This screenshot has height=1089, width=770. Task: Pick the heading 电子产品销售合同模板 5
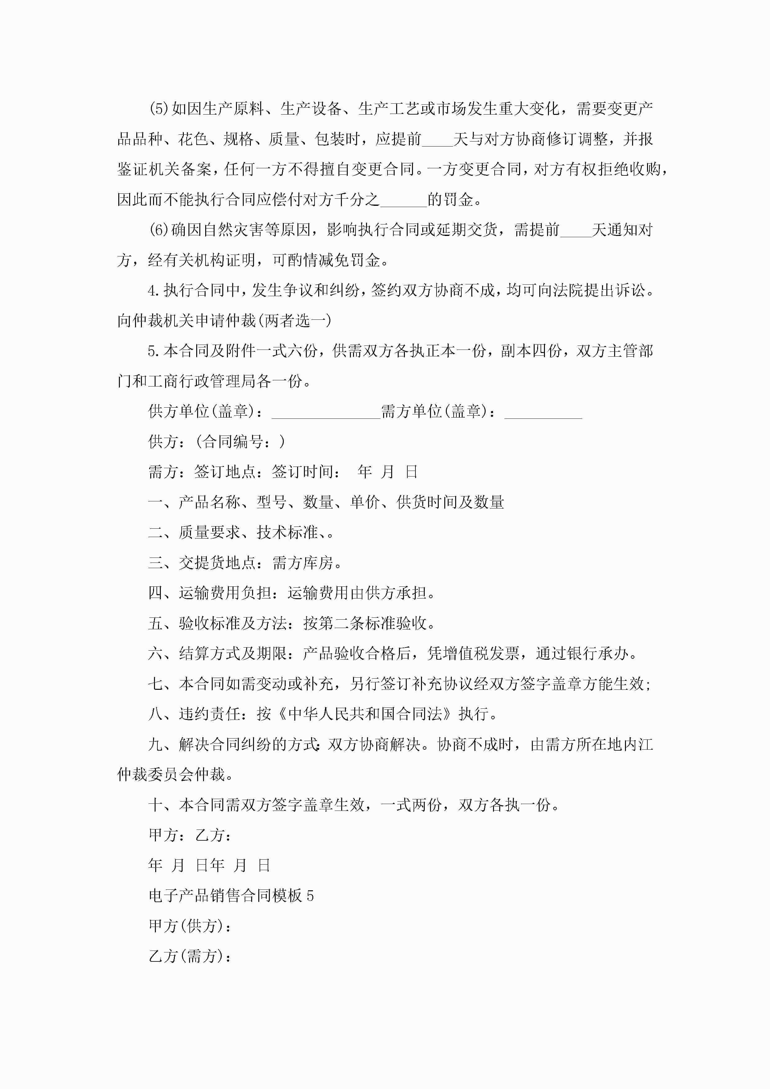(x=231, y=896)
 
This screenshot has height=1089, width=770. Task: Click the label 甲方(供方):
(x=190, y=926)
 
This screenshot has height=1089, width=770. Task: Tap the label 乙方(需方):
(x=190, y=956)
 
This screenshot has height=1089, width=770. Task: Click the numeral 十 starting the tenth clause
(x=156, y=805)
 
